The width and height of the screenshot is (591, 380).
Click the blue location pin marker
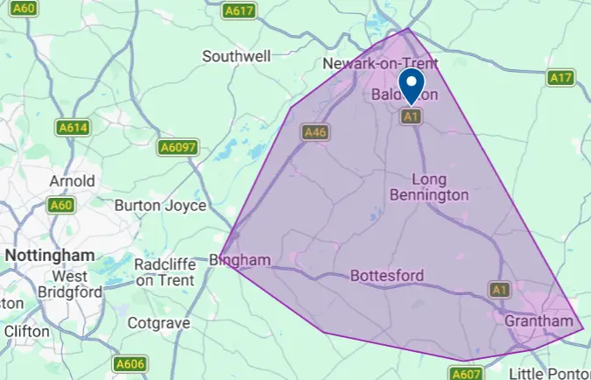[412, 86]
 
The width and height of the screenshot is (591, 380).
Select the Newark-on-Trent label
[380, 65]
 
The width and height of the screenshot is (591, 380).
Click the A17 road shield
[560, 78]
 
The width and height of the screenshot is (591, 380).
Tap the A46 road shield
[314, 132]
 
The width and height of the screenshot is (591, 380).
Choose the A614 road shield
[74, 128]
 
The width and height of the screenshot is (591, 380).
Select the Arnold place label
[72, 181]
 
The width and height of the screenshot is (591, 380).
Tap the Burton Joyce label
[160, 206]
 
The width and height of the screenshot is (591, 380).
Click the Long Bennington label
[428, 186]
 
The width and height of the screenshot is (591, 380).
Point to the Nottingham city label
[49, 255]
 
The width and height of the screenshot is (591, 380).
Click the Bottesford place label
[386, 276]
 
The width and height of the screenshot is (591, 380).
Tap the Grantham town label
[538, 321]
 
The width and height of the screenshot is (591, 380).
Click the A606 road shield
[129, 362]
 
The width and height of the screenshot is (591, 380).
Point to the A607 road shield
[466, 373]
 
